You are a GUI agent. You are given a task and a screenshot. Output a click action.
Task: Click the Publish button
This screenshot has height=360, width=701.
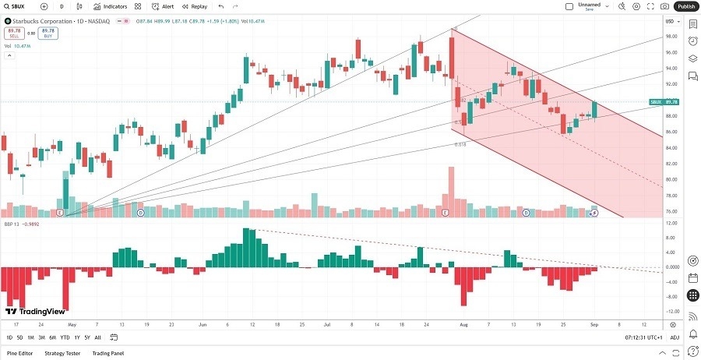686,6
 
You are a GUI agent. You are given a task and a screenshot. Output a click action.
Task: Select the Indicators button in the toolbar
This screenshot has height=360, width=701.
110,6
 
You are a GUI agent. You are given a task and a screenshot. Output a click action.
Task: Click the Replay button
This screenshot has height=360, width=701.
195,6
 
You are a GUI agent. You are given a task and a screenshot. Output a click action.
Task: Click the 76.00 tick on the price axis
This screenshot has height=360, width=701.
670,211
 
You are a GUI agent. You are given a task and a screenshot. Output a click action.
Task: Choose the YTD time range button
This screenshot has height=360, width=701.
65,337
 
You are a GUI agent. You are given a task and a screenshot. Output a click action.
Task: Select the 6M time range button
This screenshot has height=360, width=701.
52,337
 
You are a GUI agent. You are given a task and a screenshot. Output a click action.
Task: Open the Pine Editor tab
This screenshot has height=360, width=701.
19,353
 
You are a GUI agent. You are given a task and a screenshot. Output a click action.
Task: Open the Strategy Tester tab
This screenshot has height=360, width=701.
62,353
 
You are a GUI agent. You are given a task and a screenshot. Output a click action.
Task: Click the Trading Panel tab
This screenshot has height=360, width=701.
108,353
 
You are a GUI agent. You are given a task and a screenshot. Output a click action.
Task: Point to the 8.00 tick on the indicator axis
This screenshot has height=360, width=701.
670,238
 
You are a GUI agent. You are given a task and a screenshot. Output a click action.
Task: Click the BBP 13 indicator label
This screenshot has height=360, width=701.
12,223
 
